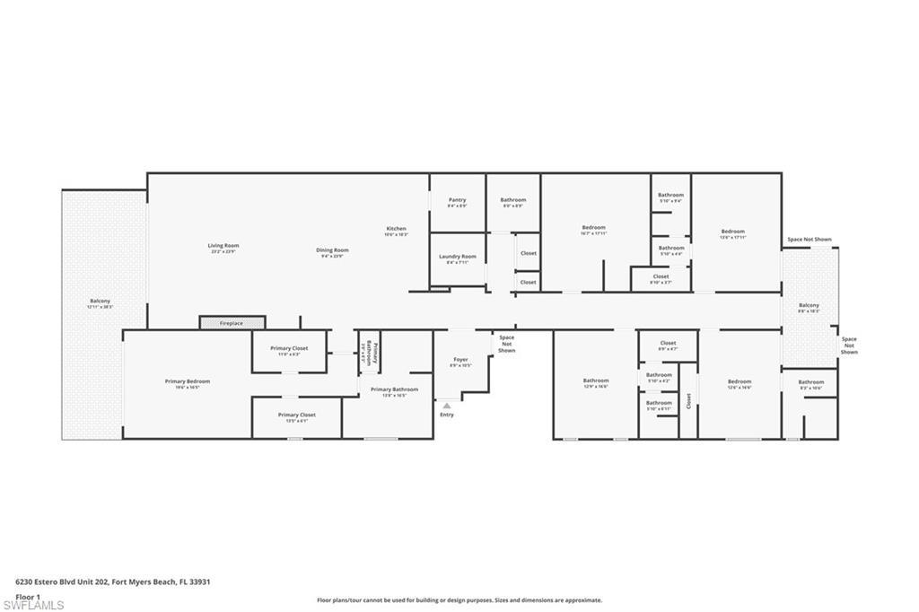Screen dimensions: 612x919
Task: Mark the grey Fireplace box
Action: pyautogui.click(x=232, y=322)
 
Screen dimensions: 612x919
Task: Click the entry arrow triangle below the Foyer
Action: pyautogui.click(x=446, y=406)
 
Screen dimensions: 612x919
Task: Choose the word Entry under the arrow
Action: pyautogui.click(x=447, y=415)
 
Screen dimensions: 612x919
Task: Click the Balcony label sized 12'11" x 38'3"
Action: pyautogui.click(x=100, y=303)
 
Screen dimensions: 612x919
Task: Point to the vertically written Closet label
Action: pyautogui.click(x=689, y=401)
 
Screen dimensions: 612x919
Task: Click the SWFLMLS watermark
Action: pyautogui.click(x=32, y=605)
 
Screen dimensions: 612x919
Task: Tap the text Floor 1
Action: pyautogui.click(x=28, y=596)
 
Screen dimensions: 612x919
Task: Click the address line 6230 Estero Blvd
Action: pyautogui.click(x=112, y=581)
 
